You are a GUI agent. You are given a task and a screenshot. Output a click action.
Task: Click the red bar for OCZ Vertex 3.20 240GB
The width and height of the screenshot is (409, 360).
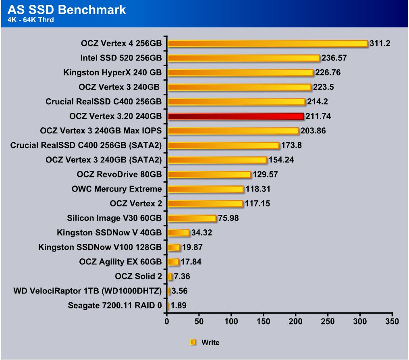click(235, 116)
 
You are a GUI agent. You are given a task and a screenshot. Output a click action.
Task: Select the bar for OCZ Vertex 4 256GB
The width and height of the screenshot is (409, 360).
click(268, 44)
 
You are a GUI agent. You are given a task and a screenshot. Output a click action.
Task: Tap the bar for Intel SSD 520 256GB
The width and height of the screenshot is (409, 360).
click(243, 58)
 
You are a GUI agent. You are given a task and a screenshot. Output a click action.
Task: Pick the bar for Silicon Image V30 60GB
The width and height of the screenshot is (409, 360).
click(192, 218)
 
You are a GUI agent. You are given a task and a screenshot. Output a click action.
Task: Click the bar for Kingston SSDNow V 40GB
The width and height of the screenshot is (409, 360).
click(178, 233)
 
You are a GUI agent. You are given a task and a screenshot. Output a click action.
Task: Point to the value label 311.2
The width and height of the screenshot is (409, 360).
click(380, 44)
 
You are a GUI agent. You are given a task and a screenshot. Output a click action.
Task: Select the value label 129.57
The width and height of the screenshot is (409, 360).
click(265, 175)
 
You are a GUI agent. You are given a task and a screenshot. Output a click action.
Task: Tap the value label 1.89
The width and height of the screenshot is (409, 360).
click(179, 306)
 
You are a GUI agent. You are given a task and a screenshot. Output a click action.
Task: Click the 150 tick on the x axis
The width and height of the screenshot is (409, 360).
click(264, 321)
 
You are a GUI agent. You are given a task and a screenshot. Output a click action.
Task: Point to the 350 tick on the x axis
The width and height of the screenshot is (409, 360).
click(392, 321)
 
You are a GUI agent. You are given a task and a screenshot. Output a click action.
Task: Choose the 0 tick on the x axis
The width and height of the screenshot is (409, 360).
click(167, 321)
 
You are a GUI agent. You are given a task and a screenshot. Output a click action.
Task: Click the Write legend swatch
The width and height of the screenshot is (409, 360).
click(193, 342)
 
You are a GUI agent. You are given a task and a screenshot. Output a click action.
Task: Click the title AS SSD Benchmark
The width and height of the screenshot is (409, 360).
click(67, 10)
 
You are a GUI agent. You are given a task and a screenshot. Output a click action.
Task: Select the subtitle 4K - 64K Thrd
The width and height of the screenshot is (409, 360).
click(31, 20)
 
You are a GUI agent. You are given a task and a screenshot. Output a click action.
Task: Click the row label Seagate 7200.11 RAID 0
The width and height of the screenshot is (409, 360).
click(115, 306)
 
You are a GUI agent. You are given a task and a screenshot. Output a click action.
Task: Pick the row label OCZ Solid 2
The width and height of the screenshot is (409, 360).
click(138, 277)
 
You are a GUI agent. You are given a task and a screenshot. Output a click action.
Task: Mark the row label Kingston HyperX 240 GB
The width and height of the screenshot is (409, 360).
click(112, 73)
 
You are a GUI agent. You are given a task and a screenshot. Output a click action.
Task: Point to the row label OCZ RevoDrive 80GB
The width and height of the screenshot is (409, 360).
click(119, 175)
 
